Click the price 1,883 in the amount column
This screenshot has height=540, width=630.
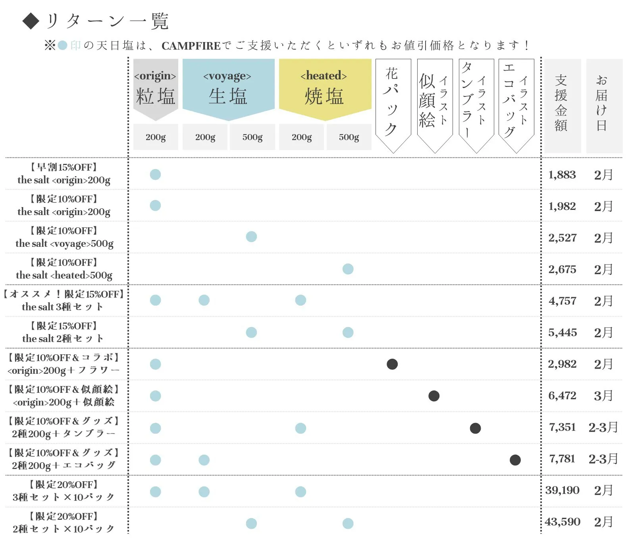click(x=562, y=175)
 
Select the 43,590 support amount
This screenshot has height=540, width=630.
click(x=563, y=522)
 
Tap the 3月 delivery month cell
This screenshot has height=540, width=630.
click(x=603, y=396)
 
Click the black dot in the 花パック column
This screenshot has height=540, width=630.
click(x=392, y=364)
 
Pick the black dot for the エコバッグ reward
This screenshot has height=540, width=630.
click(x=515, y=460)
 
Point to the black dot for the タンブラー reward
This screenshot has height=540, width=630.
click(x=475, y=428)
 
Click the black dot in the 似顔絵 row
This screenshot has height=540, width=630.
click(x=434, y=396)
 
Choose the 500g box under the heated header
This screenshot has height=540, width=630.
click(x=349, y=137)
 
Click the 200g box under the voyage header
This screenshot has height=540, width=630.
click(x=205, y=137)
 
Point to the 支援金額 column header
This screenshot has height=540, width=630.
click(x=561, y=103)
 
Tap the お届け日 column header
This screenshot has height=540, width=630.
click(x=602, y=103)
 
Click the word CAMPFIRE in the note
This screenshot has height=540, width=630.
click(x=191, y=46)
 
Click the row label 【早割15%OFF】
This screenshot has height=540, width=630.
click(x=64, y=167)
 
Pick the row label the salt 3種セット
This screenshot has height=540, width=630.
click(x=63, y=307)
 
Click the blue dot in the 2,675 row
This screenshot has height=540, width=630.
click(x=348, y=269)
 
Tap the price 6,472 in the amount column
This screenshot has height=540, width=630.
click(x=562, y=396)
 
